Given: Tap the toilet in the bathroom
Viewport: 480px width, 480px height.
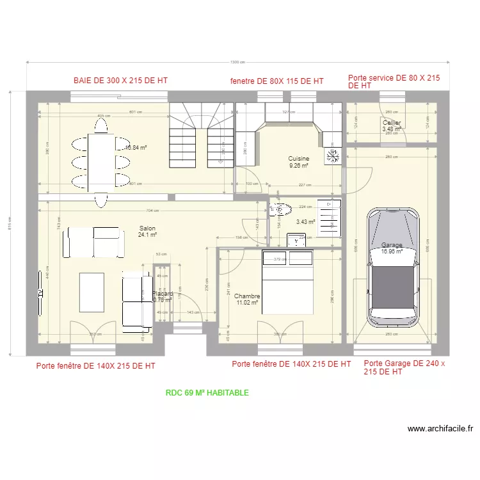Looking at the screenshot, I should tap(280, 209).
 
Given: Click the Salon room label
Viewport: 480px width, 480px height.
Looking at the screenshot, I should tap(148, 228).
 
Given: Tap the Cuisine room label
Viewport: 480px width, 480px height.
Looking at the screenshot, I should tap(298, 159).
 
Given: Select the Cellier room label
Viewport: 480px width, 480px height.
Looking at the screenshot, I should tap(392, 122).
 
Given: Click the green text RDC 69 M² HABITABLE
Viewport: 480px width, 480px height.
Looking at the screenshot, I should tap(207, 393).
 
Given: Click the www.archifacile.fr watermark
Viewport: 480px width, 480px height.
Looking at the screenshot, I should tap(440, 429).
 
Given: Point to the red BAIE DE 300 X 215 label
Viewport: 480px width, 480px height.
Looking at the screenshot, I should tap(120, 81).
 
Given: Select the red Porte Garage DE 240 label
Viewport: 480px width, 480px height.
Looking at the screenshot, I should tap(404, 367).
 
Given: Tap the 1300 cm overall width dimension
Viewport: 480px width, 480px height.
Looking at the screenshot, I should tap(238, 62).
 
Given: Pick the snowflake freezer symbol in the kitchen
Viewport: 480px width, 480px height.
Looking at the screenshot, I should tap(333, 156).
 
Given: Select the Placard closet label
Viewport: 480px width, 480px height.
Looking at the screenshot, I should tap(162, 294).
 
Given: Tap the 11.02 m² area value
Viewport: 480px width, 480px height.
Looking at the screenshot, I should tap(248, 303).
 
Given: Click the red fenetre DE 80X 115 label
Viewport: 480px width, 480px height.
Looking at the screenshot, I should tap(276, 81).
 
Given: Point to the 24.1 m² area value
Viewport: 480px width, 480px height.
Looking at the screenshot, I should tap(147, 235).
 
